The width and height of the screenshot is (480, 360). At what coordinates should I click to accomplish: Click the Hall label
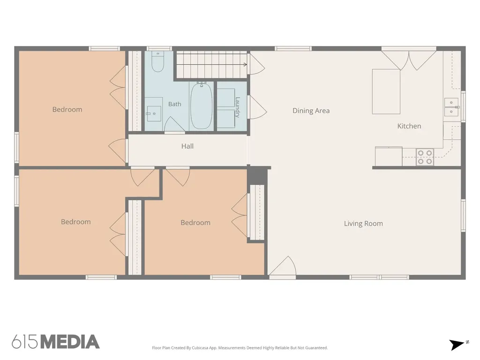point(187,146)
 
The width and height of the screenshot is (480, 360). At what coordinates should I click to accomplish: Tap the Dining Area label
point(311,111)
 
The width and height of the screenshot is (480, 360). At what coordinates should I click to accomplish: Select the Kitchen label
point(409,126)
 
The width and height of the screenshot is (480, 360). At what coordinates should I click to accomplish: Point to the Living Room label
point(363,224)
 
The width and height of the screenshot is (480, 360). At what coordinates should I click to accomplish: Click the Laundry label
point(237,107)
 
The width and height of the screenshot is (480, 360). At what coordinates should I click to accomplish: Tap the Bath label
point(174,104)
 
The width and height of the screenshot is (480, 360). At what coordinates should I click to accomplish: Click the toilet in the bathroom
point(158,61)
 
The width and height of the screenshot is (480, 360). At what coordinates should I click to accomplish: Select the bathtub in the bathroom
point(201,106)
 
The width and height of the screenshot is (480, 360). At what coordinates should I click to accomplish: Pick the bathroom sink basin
point(154,114)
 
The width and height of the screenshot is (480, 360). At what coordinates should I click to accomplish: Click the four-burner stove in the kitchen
point(425,157)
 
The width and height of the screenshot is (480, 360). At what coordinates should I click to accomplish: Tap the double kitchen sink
point(451,107)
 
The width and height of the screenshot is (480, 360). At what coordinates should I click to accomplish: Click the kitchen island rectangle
point(386,91)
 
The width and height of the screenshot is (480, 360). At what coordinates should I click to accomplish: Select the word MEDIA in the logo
point(70,342)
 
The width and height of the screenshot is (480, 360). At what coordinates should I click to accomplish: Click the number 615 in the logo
point(25,342)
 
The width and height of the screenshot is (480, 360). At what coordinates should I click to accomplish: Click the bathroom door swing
point(174,125)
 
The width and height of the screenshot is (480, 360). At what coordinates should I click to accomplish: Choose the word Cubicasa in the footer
point(200,348)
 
